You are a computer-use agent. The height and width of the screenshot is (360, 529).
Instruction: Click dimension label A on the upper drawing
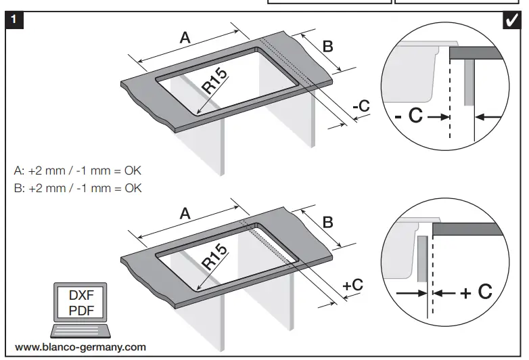184,39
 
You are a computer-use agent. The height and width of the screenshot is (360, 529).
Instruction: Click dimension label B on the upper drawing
327,47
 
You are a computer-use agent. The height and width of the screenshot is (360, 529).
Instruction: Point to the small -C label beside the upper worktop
361,106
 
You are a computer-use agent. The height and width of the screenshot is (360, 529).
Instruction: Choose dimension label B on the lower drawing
327,222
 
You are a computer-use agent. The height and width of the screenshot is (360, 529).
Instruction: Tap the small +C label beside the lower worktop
353,285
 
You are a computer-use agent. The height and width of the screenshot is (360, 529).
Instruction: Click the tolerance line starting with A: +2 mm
78,170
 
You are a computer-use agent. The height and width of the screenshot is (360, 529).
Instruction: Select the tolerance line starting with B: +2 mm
78,187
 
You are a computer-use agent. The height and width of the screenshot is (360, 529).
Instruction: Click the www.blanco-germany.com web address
80,347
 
